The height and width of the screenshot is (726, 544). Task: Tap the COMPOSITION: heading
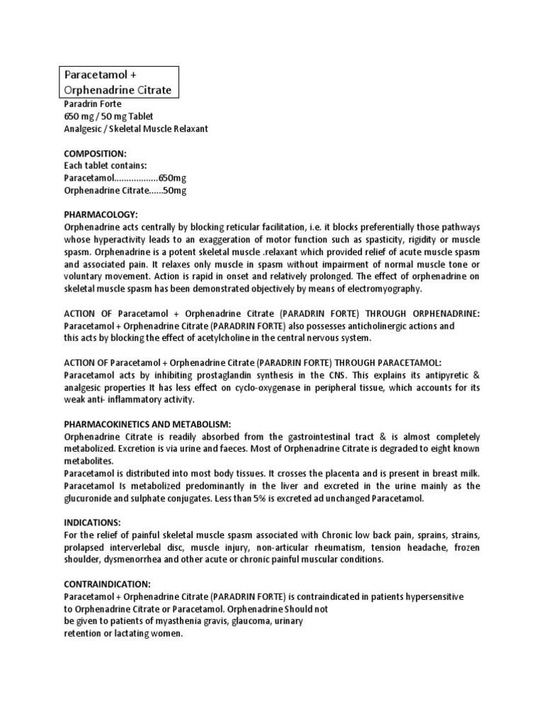coord(96,152)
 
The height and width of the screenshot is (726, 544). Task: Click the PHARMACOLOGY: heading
coord(101,214)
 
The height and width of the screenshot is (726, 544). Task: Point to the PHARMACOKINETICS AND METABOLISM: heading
coord(147,423)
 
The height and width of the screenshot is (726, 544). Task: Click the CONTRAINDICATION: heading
coord(107,583)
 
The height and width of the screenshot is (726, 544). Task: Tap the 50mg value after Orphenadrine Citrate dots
coord(175,190)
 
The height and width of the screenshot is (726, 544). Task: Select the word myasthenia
coord(158,621)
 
